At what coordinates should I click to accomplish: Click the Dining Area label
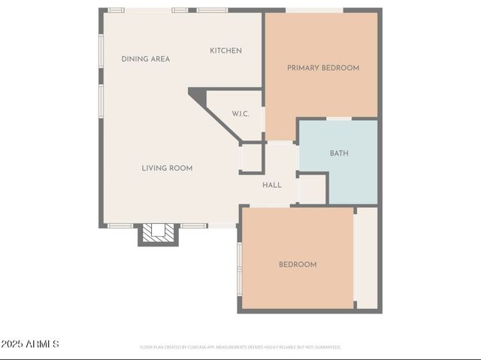146,59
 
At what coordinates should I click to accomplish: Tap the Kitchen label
225,50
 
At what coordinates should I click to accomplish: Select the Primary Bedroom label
323,68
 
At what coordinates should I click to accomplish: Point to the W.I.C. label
240,113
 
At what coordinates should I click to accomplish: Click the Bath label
339,153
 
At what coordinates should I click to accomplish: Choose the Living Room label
167,168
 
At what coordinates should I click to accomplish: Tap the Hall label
272,185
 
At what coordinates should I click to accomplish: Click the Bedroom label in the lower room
298,265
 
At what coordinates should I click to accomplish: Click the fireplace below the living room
159,234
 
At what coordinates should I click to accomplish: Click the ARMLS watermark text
30,344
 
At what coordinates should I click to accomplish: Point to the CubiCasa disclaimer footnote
240,347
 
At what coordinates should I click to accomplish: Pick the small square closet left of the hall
250,159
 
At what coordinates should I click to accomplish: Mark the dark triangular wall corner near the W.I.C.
198,95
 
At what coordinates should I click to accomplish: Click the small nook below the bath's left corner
313,189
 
